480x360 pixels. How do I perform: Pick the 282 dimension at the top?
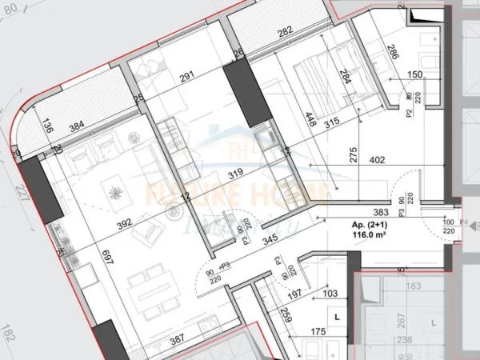pos(284,34)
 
